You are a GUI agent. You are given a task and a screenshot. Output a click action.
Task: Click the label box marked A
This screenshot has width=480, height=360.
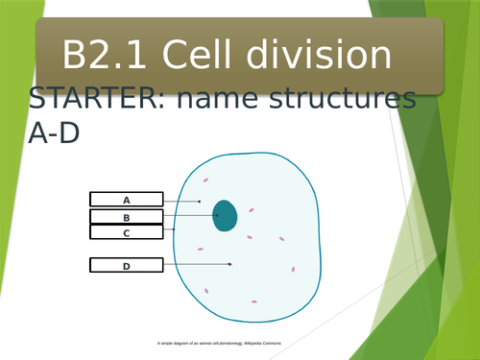126,200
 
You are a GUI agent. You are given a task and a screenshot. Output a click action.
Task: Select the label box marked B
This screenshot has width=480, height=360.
126,217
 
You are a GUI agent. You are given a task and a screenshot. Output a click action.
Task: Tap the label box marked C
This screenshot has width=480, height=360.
126,232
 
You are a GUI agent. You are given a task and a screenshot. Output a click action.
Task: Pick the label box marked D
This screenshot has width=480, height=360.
126,265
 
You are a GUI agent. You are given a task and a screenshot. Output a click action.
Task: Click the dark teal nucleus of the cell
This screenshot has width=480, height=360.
226,215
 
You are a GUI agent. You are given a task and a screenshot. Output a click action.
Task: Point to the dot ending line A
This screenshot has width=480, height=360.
199,201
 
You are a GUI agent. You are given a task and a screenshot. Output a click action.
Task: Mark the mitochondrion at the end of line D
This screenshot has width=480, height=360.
230,263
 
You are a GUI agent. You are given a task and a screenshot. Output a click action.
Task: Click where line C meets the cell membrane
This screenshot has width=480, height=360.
174,229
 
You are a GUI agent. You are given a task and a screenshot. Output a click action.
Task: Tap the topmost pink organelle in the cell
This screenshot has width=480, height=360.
205,179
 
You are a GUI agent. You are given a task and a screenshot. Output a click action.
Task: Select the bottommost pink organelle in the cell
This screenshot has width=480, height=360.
254,301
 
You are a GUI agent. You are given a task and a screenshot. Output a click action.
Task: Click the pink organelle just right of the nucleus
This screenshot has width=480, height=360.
252,210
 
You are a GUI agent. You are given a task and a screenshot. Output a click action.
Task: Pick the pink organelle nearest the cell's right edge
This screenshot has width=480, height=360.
293,270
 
